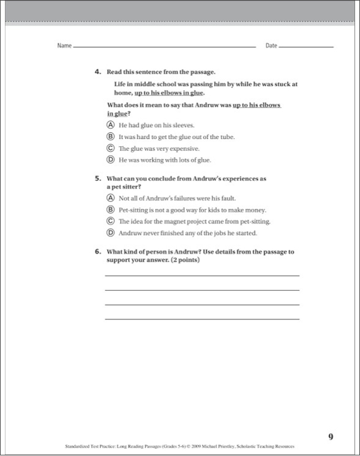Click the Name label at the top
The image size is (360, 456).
64,46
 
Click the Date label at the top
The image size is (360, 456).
271,46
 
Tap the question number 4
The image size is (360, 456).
97,72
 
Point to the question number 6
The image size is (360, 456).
97,252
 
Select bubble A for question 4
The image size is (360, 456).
111,125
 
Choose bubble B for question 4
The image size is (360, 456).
111,136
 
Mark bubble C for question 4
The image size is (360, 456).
111,148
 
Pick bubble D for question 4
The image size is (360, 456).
111,160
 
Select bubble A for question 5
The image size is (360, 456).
111,198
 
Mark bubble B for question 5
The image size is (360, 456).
111,209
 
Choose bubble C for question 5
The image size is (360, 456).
111,221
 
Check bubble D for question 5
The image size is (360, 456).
111,233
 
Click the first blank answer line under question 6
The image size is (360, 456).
202,275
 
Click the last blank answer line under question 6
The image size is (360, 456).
202,318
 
